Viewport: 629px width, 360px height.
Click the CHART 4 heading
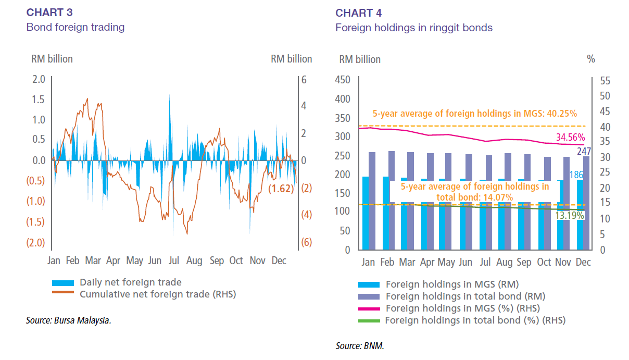359,13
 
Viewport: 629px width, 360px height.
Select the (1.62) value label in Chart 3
281,189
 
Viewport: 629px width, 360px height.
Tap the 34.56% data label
570,138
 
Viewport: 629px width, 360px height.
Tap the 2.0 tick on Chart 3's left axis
40,80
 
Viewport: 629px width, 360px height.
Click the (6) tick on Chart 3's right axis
306,243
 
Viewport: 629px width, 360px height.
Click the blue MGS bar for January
366,213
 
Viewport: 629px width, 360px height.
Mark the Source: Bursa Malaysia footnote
69,320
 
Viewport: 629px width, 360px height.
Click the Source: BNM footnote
360,345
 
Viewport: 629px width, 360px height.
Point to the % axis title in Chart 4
590,59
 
